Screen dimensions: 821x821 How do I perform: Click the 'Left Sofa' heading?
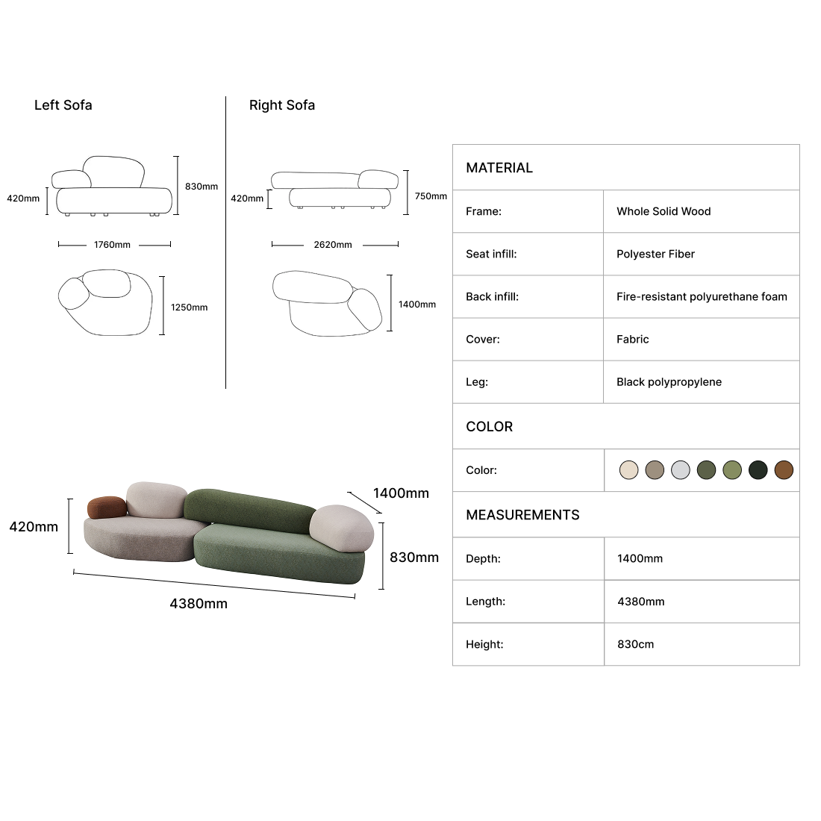[63, 105]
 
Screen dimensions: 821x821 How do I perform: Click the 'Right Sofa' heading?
[281, 105]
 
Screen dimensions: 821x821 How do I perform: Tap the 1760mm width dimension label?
[112, 245]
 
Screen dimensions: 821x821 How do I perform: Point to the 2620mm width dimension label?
[333, 245]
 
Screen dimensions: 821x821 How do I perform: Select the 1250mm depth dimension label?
[189, 308]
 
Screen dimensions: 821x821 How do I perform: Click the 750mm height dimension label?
[431, 196]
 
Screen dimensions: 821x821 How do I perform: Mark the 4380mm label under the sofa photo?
[199, 604]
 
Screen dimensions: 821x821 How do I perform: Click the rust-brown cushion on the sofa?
[107, 507]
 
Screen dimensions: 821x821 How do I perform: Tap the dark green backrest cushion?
[248, 510]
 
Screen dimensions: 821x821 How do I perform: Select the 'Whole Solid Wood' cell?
[664, 211]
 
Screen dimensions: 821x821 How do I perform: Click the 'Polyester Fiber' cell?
[655, 254]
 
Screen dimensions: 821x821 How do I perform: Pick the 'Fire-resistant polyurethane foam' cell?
[702, 297]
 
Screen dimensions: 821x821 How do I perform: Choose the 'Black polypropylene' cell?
[669, 382]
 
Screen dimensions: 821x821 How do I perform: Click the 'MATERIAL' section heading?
[499, 168]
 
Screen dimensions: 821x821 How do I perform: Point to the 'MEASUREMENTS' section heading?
[522, 515]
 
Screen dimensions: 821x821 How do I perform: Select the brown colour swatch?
[784, 470]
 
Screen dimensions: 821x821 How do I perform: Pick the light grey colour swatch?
[681, 470]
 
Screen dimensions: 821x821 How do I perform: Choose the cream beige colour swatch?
[629, 470]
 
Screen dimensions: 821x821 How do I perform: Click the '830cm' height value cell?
[636, 645]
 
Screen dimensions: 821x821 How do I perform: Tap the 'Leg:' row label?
[477, 382]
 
